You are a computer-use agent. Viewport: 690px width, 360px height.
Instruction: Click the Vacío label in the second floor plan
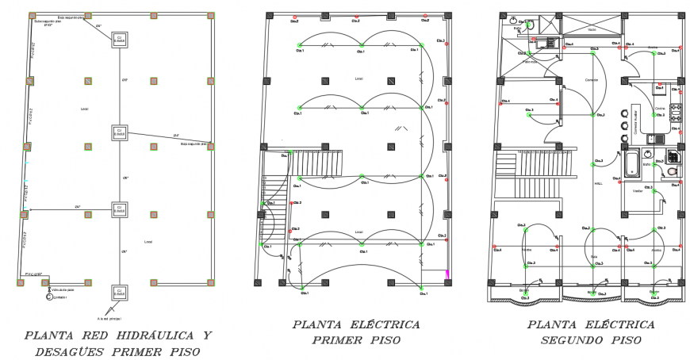[x=591, y=30]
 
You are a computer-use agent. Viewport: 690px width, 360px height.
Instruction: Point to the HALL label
[x=598, y=182]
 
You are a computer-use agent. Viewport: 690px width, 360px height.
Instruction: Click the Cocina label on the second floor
[x=659, y=108]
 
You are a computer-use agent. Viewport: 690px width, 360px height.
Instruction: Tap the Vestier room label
[x=636, y=191]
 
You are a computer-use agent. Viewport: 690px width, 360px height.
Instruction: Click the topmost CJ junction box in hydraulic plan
[x=119, y=39]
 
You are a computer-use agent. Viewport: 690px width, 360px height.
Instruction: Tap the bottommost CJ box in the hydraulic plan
[x=119, y=293]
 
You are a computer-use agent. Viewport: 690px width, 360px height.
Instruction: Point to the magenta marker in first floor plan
[x=446, y=274]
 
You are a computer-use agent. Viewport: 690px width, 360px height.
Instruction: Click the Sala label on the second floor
[x=592, y=256]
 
